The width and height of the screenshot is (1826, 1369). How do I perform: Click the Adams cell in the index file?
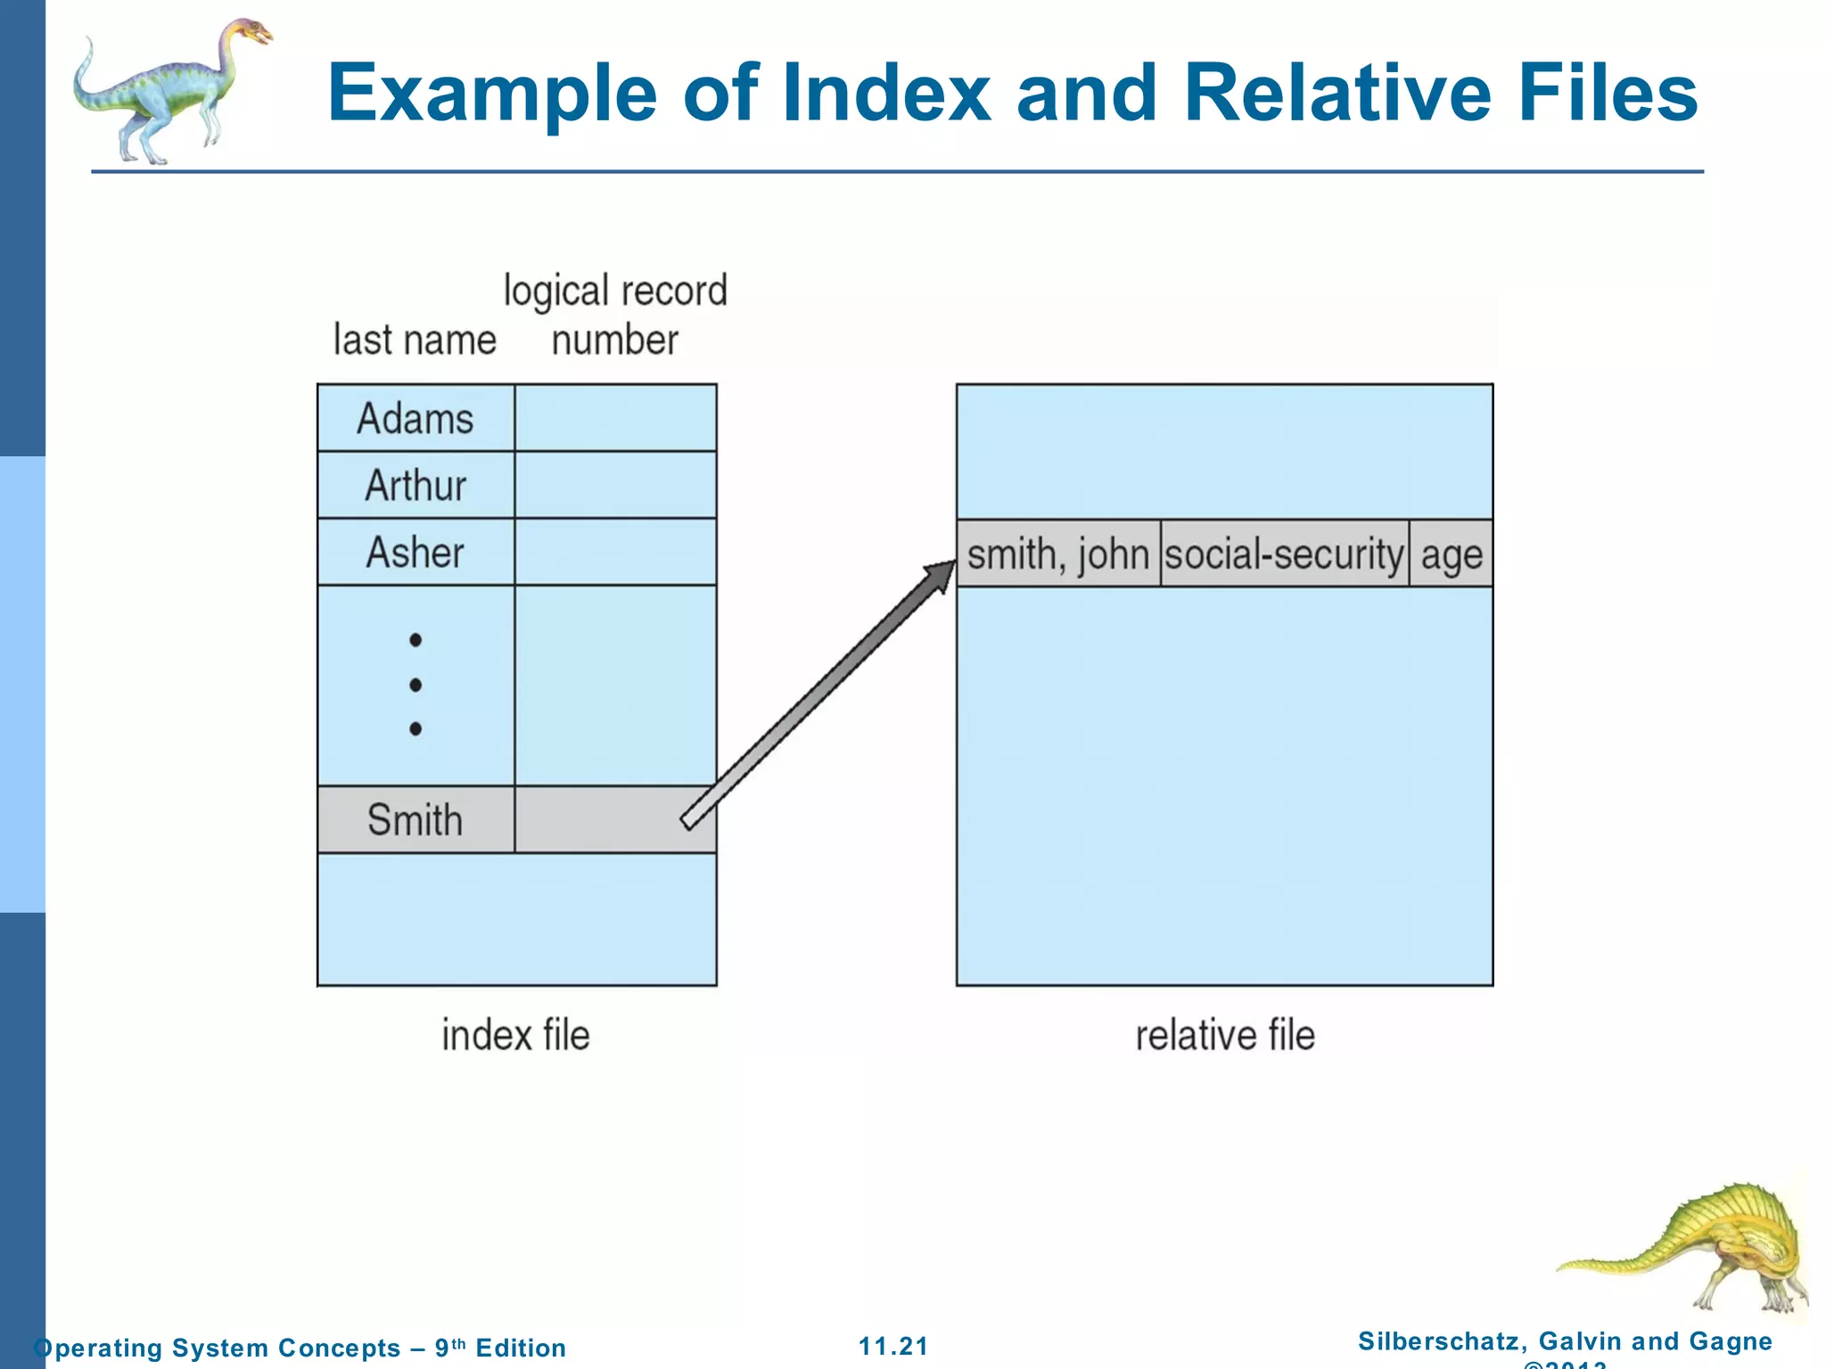[x=415, y=418]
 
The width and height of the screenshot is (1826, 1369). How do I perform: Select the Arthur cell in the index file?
[x=415, y=486]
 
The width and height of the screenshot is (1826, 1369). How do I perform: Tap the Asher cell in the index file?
[x=415, y=553]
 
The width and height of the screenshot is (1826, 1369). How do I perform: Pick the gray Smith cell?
[x=415, y=820]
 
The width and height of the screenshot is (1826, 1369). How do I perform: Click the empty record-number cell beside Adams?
[x=615, y=418]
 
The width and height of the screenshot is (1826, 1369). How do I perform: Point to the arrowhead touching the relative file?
[x=942, y=574]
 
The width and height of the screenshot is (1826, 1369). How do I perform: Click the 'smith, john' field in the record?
[x=1057, y=554]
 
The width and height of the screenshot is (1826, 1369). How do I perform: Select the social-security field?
[x=1284, y=554]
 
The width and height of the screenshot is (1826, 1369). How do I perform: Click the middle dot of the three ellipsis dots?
[x=415, y=684]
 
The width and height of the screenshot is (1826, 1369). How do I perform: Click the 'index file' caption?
[x=515, y=1036]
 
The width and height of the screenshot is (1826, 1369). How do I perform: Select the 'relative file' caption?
[x=1225, y=1036]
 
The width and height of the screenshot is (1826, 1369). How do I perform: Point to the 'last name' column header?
[x=415, y=340]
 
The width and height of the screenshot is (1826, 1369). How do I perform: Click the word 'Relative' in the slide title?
[x=1337, y=93]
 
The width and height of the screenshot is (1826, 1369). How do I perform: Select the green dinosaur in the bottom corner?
[x=1694, y=1248]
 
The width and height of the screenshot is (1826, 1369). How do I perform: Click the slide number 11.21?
[x=893, y=1346]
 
